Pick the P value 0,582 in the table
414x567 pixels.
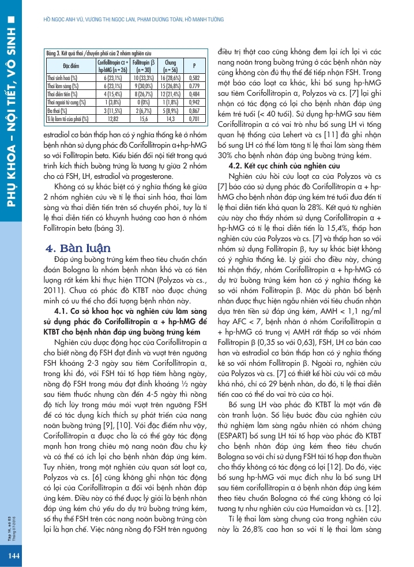[194, 77]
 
